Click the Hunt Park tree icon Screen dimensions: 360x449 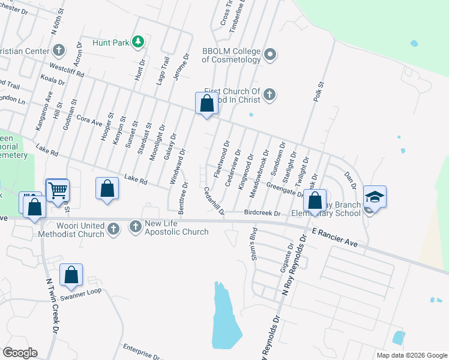click(138, 41)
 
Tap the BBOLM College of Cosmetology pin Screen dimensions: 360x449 click(270, 55)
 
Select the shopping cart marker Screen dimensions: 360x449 click(58, 190)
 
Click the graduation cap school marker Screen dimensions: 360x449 click(375, 197)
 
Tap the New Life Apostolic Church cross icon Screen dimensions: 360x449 click(135, 227)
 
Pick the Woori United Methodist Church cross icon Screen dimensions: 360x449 click(113, 228)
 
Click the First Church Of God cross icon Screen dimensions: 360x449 click(270, 94)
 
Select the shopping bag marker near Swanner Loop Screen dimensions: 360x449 click(71, 275)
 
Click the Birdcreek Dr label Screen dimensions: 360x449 click(262, 213)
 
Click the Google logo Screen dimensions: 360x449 click(20, 352)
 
